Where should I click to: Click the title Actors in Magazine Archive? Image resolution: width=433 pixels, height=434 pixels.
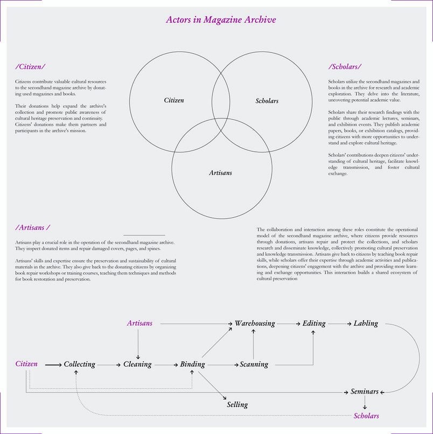[221, 19]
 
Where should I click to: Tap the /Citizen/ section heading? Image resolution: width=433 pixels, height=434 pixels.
[30, 67]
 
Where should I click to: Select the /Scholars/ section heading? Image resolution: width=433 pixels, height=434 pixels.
[345, 67]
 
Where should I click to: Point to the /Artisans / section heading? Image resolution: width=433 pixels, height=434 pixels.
[33, 228]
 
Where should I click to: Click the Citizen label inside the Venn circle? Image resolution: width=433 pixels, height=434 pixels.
[174, 100]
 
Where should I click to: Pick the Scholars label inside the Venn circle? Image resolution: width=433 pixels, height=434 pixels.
[267, 101]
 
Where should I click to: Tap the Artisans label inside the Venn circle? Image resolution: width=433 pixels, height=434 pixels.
[220, 173]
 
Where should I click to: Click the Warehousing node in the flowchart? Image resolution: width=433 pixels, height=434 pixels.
[255, 323]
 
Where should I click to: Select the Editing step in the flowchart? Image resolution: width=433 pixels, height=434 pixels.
[314, 323]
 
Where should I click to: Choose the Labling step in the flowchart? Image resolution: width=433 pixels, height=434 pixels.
[366, 323]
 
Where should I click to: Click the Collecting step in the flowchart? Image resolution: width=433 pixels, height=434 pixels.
[79, 364]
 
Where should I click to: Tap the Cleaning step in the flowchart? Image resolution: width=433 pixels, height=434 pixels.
[137, 364]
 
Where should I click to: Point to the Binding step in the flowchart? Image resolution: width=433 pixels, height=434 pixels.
[192, 364]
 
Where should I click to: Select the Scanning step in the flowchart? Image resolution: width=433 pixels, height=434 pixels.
[254, 364]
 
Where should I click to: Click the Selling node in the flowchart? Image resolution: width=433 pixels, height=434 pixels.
[238, 405]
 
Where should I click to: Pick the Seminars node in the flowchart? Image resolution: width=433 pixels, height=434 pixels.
[365, 391]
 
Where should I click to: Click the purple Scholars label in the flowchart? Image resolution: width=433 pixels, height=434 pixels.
[366, 416]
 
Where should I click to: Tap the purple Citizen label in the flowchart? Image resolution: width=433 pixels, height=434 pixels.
[26, 364]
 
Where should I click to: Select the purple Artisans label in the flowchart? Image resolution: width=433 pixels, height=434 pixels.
[139, 323]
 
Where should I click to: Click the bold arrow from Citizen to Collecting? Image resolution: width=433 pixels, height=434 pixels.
[53, 365]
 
